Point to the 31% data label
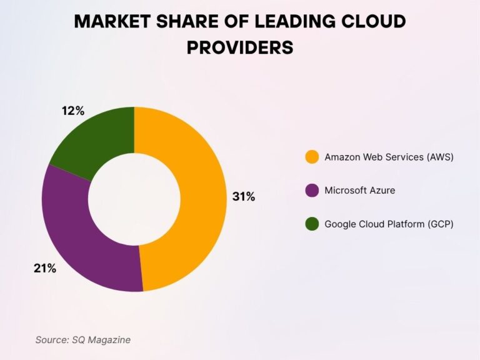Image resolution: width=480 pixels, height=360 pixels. click(244, 196)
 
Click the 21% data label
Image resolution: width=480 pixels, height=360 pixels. click(45, 269)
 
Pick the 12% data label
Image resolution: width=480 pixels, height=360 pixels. click(73, 111)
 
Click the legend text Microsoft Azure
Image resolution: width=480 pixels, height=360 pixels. click(359, 190)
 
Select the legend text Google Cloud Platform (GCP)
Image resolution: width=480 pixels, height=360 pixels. click(389, 224)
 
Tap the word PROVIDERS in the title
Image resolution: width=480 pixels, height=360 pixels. click(240, 47)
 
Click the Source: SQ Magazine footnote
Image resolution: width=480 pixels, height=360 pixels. click(83, 339)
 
